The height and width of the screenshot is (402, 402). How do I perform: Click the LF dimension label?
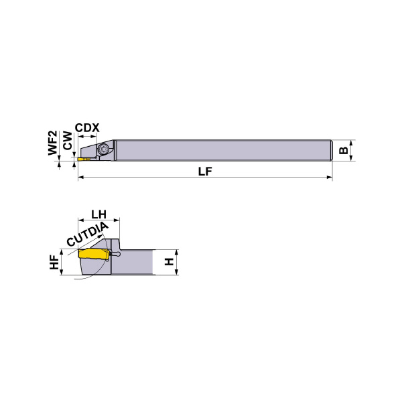point(205,172)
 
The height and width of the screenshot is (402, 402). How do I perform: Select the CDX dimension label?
point(87,128)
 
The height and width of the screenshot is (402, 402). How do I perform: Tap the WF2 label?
point(53,143)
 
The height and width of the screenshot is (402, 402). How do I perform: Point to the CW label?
point(68,141)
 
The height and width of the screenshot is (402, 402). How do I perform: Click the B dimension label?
point(344,151)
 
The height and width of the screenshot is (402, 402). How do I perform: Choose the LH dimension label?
point(99,214)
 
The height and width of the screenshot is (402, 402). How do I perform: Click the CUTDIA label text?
point(88,234)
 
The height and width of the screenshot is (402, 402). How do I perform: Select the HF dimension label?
point(54,262)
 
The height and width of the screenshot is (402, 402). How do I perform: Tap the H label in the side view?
point(170,262)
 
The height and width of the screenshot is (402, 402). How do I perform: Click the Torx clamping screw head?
point(105,149)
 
